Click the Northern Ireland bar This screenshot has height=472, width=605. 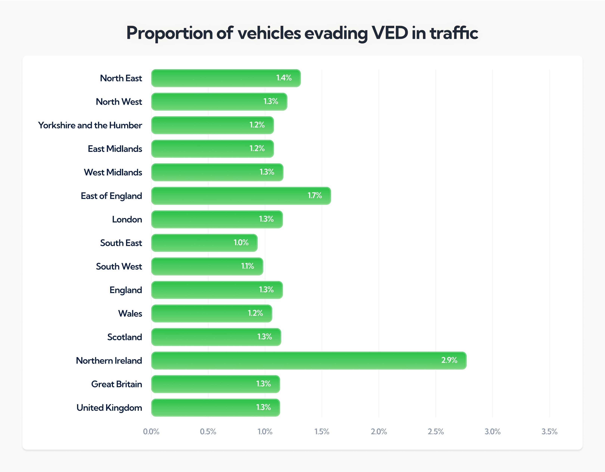point(309,360)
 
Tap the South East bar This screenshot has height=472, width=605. point(204,243)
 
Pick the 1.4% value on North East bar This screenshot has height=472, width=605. point(284,78)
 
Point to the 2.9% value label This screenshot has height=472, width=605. point(449,360)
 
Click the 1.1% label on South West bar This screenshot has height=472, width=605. point(247,266)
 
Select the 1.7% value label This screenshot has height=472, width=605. point(315,195)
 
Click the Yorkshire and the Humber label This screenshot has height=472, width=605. point(90,125)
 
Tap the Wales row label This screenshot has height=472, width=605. point(130,313)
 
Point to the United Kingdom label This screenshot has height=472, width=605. point(109,408)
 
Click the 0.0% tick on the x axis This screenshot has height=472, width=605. point(151,431)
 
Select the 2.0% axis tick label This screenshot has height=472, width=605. point(379,431)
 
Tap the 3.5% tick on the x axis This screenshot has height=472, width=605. point(549,431)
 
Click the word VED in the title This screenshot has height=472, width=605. point(390,33)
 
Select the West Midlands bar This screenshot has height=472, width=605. point(217,172)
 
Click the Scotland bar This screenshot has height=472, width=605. point(216,337)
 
